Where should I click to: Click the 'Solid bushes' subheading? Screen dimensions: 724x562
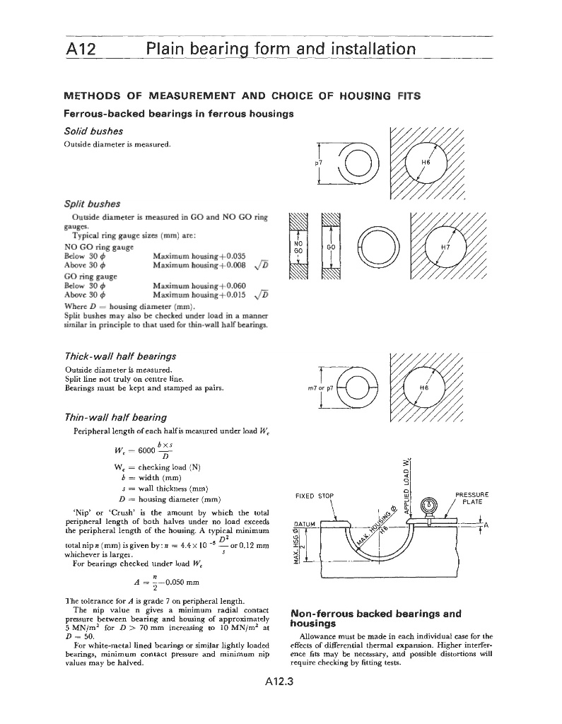[x=93, y=132]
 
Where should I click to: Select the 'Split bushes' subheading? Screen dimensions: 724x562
[x=92, y=204]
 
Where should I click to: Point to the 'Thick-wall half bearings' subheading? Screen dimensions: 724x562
[x=119, y=356]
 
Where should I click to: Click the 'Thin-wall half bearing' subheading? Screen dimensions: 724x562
[x=115, y=417]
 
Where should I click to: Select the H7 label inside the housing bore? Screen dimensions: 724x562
[x=445, y=247]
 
